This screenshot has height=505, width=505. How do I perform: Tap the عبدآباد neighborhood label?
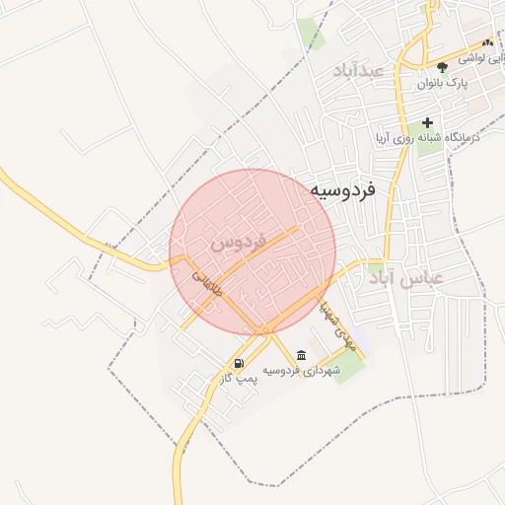(357, 71)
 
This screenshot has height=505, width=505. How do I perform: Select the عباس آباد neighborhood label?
(406, 279)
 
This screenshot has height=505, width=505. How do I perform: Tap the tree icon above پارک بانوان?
(442, 67)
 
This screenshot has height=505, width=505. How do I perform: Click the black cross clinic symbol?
(427, 122)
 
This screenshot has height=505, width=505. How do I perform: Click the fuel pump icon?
(239, 364)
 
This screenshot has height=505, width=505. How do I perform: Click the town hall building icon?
(301, 356)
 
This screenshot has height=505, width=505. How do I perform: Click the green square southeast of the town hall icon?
(347, 367)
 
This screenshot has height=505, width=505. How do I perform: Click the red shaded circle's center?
(252, 252)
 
